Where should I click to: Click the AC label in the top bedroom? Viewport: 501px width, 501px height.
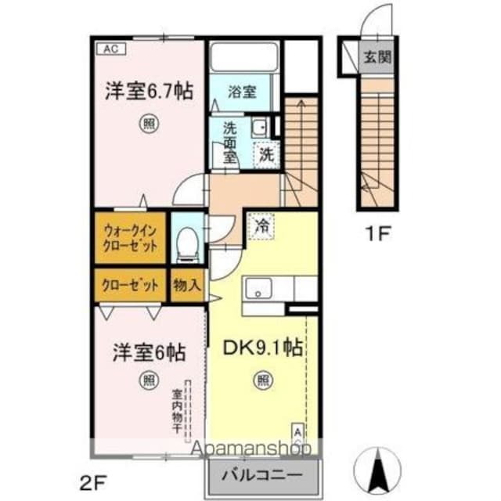coord(111,49)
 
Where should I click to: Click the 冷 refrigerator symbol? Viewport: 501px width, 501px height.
coord(261,227)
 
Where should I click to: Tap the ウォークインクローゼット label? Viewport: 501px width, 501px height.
coord(131,237)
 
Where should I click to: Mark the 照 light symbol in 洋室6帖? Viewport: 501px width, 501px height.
coord(148,381)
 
